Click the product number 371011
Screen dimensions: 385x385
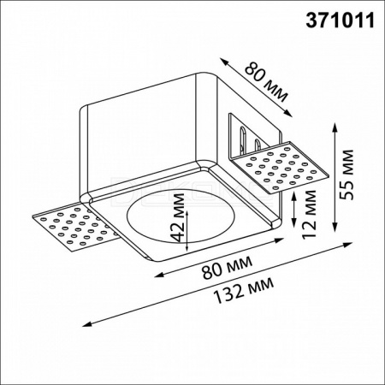pos(340,21)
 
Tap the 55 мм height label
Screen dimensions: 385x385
pos(347,175)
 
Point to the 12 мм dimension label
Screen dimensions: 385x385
pos(309,214)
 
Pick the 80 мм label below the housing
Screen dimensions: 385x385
pos(227,267)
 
